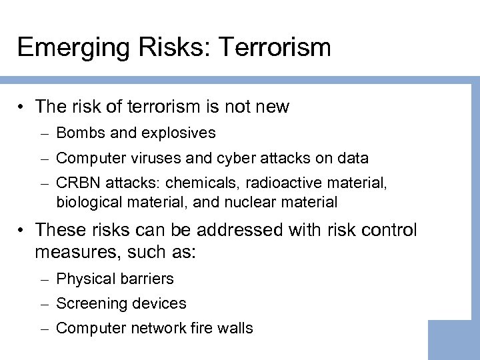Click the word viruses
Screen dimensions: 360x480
(160, 158)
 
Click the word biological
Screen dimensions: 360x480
(89, 201)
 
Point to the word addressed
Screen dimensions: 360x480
(248, 230)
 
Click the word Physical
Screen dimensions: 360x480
(84, 279)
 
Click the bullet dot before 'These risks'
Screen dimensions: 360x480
(23, 230)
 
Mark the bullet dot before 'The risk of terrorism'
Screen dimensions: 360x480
(23, 107)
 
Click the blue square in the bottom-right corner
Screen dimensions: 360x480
(453, 340)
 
